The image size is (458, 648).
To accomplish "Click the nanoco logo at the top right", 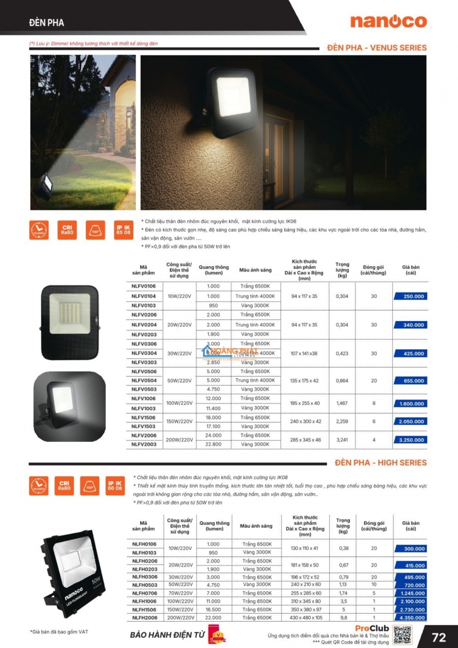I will pyautogui.click(x=389, y=22).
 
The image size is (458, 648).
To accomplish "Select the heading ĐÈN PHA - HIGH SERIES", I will pyautogui.click(x=381, y=463).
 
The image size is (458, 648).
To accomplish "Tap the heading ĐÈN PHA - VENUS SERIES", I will pyautogui.click(x=377, y=48).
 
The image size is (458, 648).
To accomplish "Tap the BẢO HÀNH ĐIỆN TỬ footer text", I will pyautogui.click(x=164, y=636).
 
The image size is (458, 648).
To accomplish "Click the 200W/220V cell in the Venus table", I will pyautogui.click(x=179, y=440).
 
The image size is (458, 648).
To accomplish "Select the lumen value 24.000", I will pyautogui.click(x=213, y=436).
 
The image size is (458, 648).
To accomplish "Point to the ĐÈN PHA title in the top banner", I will pyautogui.click(x=47, y=23).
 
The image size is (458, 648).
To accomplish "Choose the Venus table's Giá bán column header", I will pyautogui.click(x=410, y=269).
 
